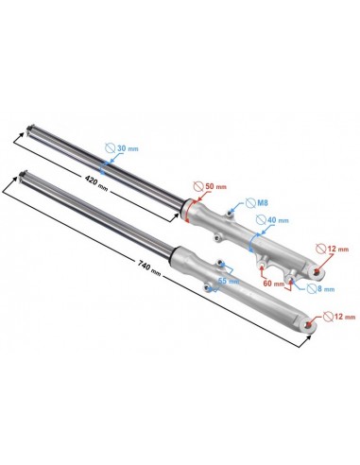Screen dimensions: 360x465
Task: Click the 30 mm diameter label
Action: point(128,148)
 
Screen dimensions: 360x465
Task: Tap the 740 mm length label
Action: point(149,268)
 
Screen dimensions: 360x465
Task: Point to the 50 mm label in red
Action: point(215,186)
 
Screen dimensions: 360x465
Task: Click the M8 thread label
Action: point(263,203)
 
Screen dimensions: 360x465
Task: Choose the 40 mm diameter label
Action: point(278,220)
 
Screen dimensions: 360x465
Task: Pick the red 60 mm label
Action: point(274,284)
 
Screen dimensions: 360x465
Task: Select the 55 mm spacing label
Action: point(229,281)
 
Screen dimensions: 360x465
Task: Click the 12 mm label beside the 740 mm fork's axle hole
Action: point(345,317)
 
